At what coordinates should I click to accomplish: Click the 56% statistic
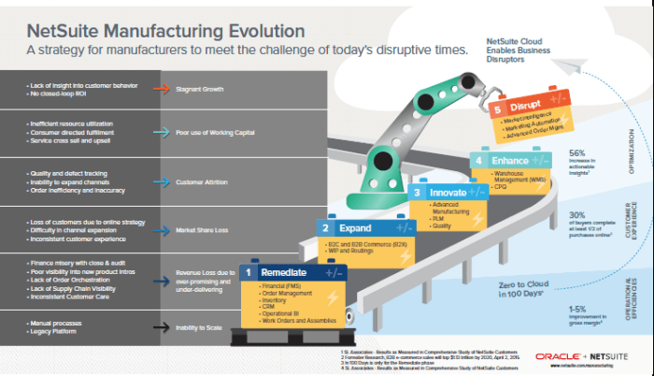(x=576, y=152)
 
